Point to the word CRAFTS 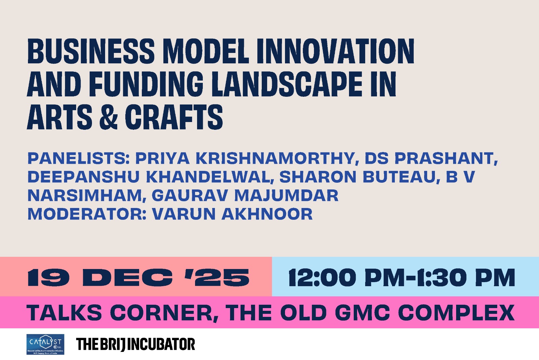tap(174, 117)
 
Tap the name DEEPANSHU tap(83, 177)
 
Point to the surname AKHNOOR tap(267, 214)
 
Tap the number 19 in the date tap(49, 277)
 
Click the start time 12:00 tap(322, 277)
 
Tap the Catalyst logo tap(45, 344)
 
